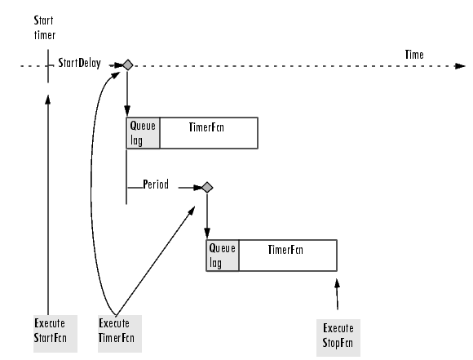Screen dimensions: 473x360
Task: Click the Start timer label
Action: tap(44, 28)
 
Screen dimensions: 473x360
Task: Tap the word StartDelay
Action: tap(79, 63)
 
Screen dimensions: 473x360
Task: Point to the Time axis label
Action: tap(414, 55)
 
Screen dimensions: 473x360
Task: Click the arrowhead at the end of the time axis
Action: tap(460, 66)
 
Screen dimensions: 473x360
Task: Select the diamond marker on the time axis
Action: tap(128, 65)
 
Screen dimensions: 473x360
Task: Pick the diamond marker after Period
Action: tap(207, 188)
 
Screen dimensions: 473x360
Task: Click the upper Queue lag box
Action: tap(143, 133)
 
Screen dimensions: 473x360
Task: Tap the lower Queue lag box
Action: tap(223, 256)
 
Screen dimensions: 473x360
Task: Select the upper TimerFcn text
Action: tap(206, 127)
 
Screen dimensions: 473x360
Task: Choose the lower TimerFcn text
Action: tap(285, 250)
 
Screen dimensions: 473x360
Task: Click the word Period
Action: tap(156, 184)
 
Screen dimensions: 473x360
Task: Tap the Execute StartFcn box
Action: tap(55, 334)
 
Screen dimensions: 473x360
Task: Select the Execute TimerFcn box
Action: tap(120, 334)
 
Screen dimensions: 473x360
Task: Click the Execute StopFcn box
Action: tap(338, 338)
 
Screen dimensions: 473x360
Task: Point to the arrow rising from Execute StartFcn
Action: tap(47, 205)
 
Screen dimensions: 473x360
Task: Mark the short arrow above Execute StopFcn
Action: tap(338, 294)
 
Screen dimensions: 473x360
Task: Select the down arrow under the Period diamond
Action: tap(207, 216)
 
